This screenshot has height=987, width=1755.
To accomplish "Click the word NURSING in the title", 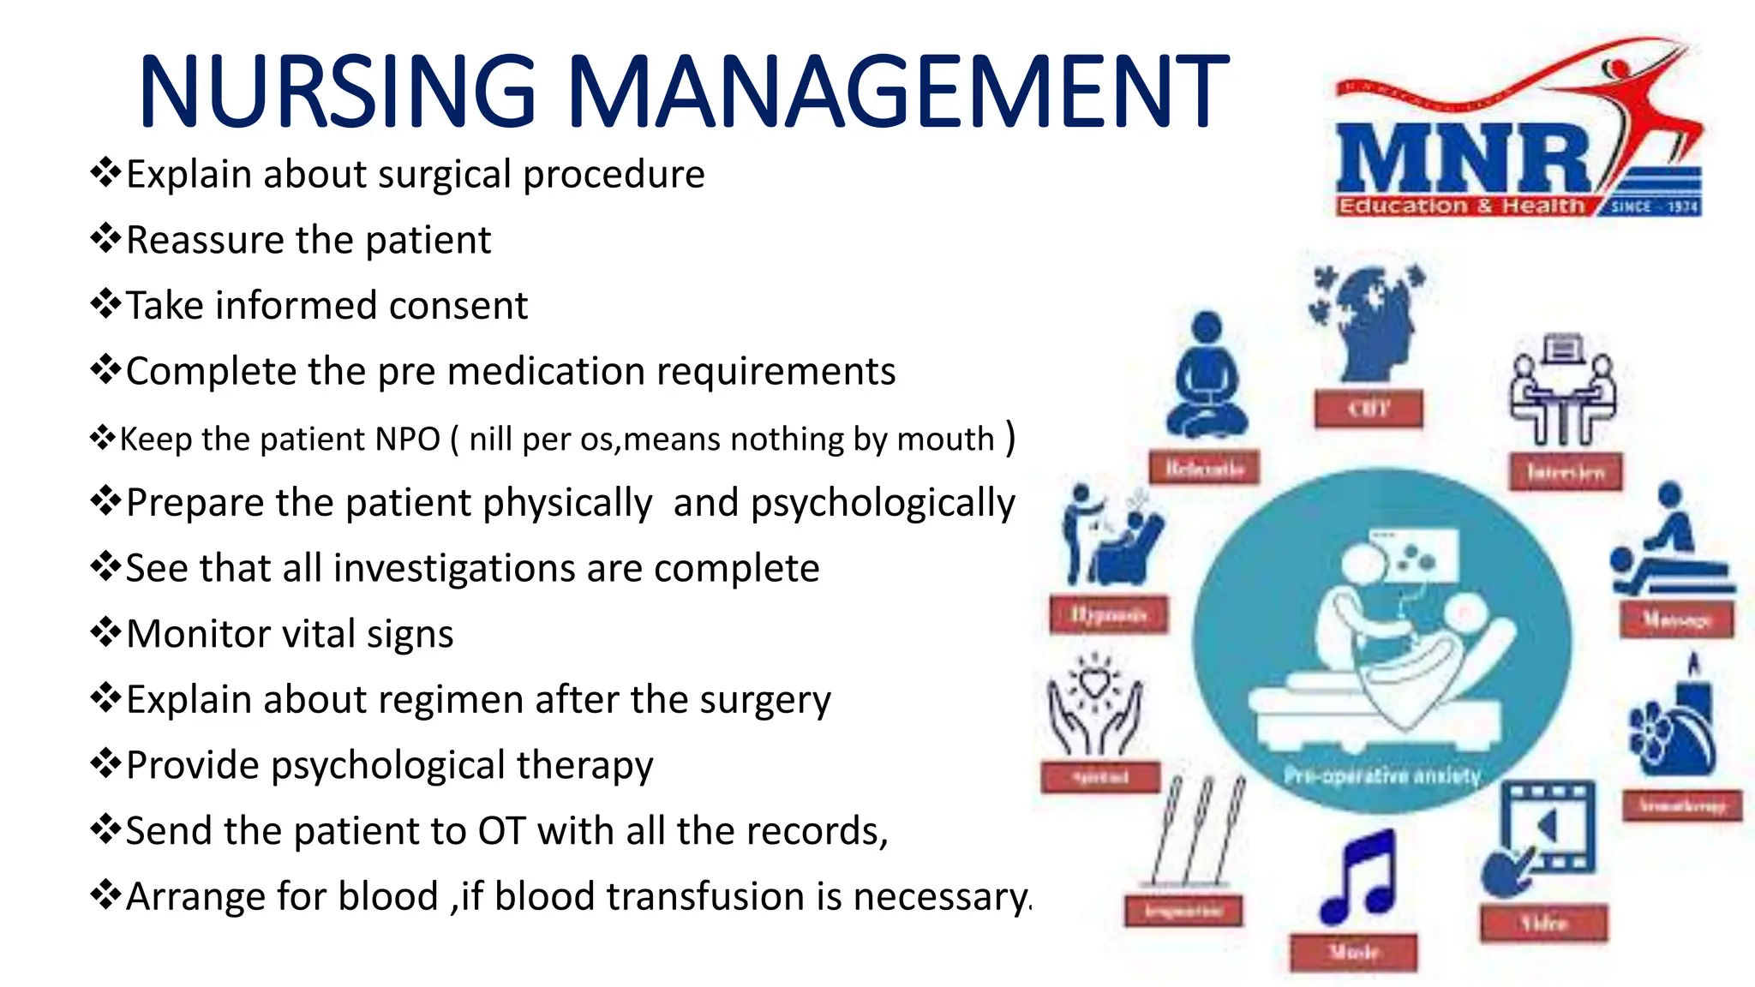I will point(338,91).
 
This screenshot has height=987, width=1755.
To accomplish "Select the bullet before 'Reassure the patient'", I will point(105,239).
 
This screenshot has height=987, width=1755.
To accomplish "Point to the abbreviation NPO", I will point(407,440).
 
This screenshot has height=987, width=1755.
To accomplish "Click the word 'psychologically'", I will point(883,503).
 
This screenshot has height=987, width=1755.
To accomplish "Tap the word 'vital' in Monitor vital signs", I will point(318,635).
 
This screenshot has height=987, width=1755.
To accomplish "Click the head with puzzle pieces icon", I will point(1366,322).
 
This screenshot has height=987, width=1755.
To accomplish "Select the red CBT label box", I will point(1369,409).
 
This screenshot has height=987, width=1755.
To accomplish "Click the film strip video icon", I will point(1542,835).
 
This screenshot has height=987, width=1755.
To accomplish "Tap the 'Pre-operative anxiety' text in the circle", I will point(1381,776).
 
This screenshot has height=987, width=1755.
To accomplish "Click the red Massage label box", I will point(1676,619).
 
